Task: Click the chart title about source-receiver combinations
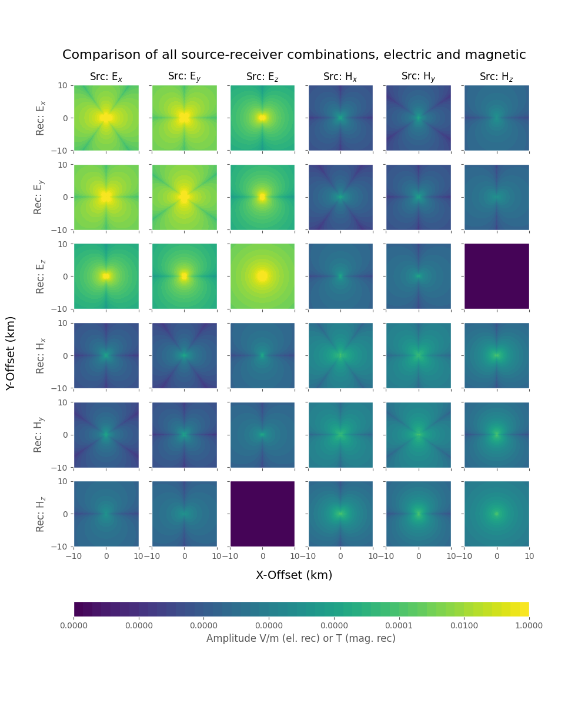(294, 55)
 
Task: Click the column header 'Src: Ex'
(106, 77)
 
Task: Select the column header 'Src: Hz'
(497, 77)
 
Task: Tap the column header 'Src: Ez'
(262, 77)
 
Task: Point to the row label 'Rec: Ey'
(39, 197)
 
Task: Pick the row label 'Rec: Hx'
(39, 355)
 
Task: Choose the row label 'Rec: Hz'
(39, 514)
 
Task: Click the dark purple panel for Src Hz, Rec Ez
(497, 276)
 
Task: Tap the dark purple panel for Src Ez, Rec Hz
(262, 514)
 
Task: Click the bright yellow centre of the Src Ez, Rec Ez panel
(262, 276)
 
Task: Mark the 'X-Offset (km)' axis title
(294, 575)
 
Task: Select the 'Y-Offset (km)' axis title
(11, 353)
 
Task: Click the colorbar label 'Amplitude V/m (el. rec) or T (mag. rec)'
(300, 638)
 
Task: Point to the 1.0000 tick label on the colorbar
(528, 625)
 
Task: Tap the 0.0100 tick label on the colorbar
(464, 625)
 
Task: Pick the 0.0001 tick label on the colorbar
(399, 625)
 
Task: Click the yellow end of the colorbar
(524, 609)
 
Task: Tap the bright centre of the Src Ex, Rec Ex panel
(106, 118)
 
